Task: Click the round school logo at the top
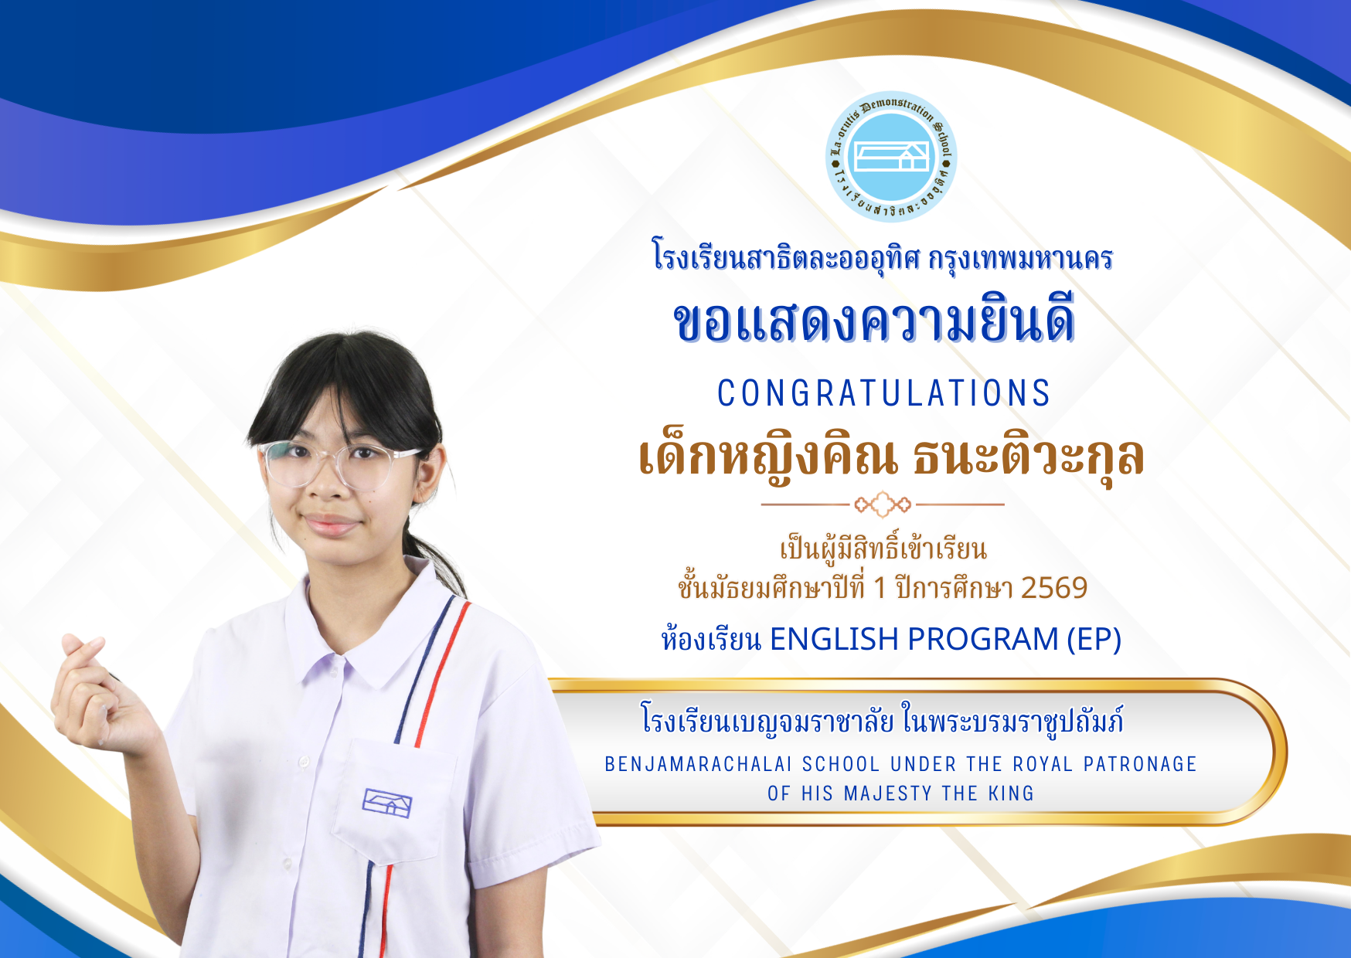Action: tap(891, 156)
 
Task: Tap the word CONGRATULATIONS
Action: tap(883, 393)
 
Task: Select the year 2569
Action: tap(1054, 589)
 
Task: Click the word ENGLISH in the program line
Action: tap(834, 640)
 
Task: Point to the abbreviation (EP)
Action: tap(1094, 640)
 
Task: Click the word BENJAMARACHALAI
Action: tap(698, 764)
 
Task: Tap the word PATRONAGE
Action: tap(1140, 764)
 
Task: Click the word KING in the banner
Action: tap(1011, 793)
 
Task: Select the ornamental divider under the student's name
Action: tap(883, 504)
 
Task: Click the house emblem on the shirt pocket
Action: tap(386, 803)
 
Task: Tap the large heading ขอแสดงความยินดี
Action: tap(874, 322)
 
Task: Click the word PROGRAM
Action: tap(982, 640)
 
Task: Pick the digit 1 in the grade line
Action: tap(880, 589)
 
